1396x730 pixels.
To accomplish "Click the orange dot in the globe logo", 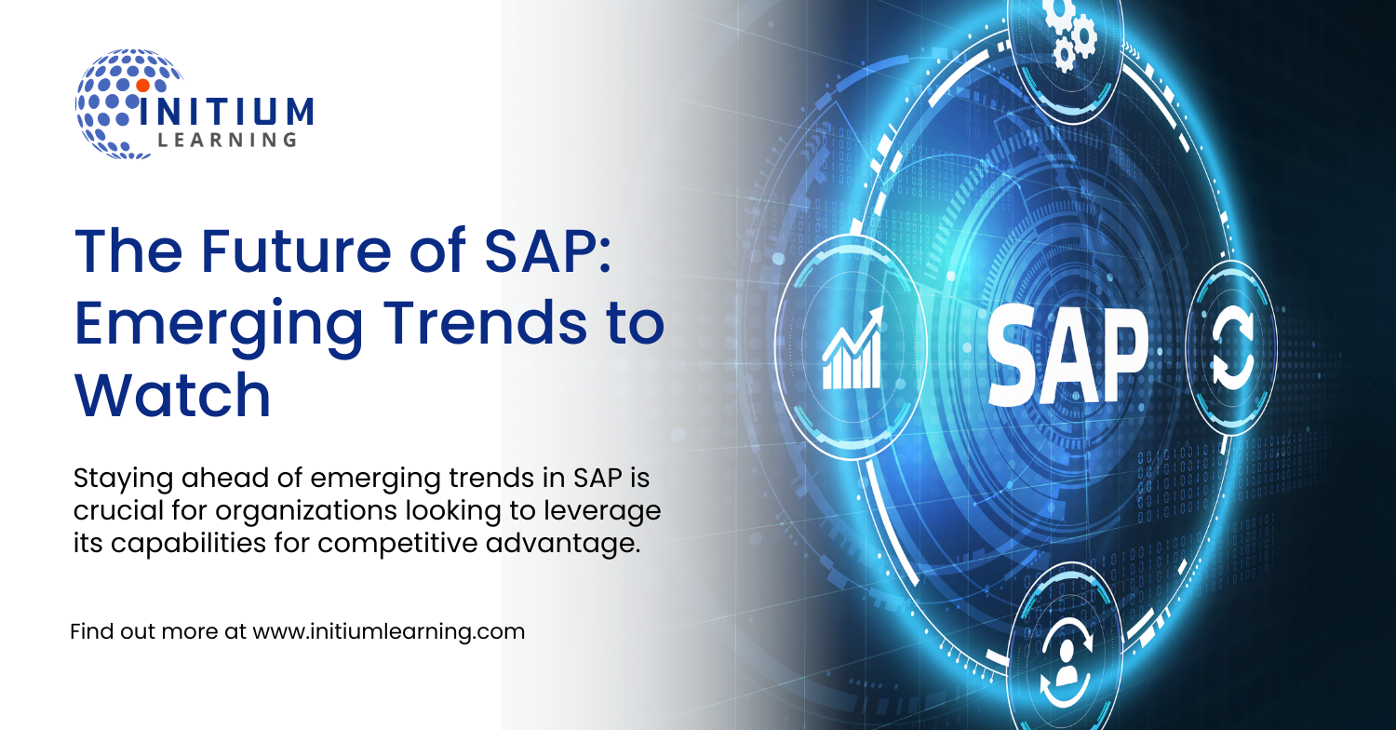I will pyautogui.click(x=142, y=85).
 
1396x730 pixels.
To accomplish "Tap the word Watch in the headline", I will pyautogui.click(x=172, y=395).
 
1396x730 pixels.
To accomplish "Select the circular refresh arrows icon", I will pyautogui.click(x=1231, y=348).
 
